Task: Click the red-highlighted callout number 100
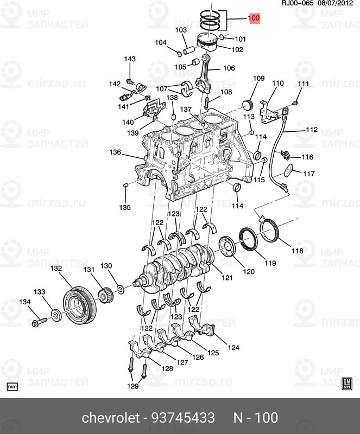[x=254, y=18]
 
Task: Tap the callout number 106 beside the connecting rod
[x=229, y=68]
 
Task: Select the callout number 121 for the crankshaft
[x=226, y=278]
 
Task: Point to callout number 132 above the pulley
[x=56, y=269]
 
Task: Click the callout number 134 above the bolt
[x=26, y=302]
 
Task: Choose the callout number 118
[x=298, y=251]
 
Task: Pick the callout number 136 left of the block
[x=115, y=152]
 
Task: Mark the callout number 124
[x=233, y=348]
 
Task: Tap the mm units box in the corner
[x=12, y=386]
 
